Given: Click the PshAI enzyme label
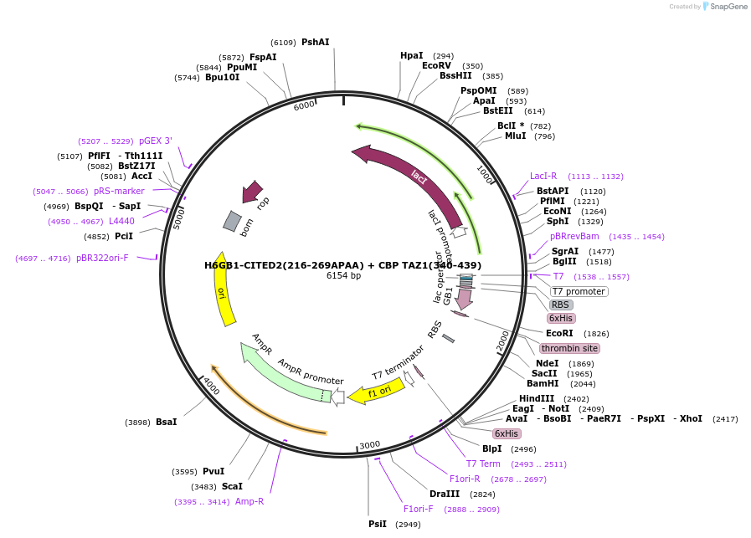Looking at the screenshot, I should point(315,42).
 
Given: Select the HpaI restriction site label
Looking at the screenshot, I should point(411,56).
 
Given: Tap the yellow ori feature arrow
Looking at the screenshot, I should point(222,289).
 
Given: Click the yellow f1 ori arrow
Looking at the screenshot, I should point(378,391).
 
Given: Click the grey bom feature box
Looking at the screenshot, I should point(233,221).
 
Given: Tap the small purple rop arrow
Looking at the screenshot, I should point(251,192).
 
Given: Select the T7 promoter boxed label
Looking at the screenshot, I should point(579,291).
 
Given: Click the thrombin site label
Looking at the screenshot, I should point(568,348).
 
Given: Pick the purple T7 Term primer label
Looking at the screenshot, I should point(483,464).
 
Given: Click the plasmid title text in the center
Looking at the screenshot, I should point(342,265).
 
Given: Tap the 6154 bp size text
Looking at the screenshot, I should point(343,276).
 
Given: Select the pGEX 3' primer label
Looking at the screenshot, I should point(156,141).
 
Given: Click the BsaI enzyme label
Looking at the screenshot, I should point(166,422).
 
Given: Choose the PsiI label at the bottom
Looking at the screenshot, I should point(378,524).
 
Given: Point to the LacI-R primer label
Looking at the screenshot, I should point(543,176).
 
